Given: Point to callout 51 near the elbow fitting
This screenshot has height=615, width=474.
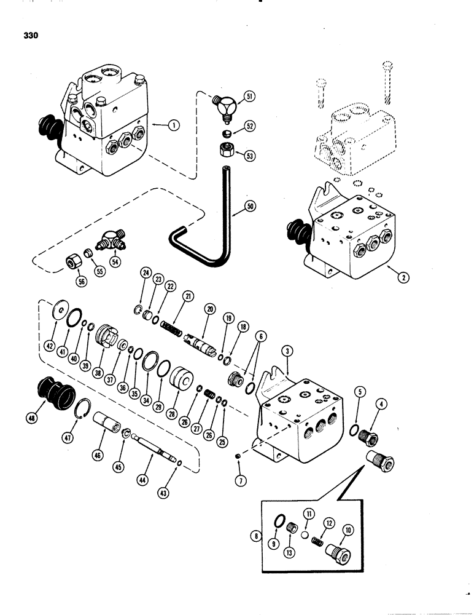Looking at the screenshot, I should (x=250, y=96).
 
